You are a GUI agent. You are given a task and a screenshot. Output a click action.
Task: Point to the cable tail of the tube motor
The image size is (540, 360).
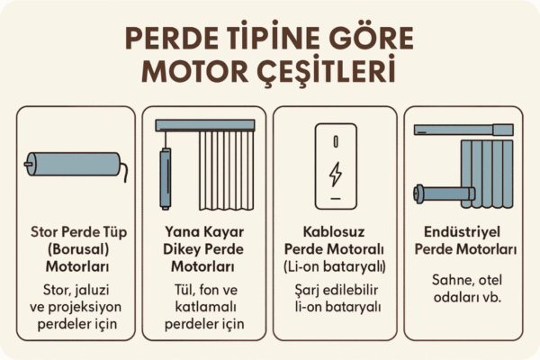126,172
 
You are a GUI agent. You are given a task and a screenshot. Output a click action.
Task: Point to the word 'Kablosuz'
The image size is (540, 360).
334,232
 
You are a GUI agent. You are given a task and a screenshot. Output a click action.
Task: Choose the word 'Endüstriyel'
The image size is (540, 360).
465,232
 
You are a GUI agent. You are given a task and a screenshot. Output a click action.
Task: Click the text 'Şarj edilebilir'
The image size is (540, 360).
334,291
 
